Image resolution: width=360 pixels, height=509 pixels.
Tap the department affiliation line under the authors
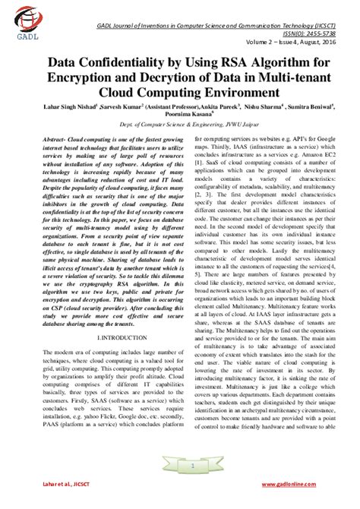179,132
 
